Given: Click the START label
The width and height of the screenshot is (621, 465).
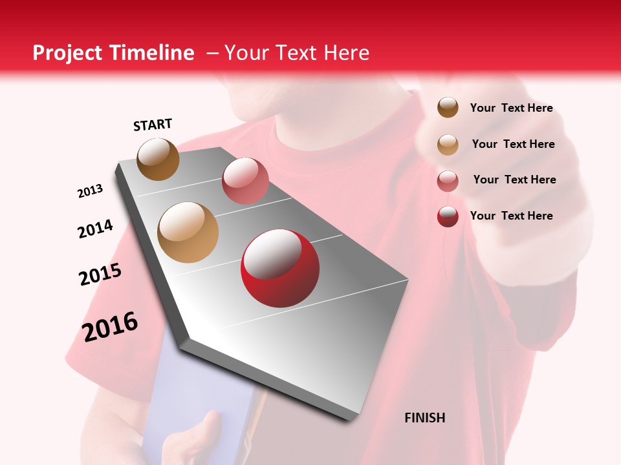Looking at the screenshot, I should [x=153, y=125].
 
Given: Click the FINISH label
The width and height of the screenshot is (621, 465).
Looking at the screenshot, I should [x=424, y=418].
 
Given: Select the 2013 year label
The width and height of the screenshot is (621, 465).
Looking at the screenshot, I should [x=90, y=191].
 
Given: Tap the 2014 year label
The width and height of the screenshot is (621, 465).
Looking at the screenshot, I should [x=95, y=229].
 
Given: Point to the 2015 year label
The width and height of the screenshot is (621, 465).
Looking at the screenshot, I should [x=100, y=275].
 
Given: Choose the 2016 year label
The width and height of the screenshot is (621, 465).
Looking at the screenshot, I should [x=110, y=327].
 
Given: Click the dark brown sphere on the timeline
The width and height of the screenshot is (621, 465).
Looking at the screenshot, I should [x=158, y=159].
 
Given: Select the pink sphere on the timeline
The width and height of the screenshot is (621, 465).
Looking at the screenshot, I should [x=245, y=180].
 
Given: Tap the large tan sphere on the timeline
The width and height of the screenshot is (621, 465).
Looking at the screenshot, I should [x=188, y=232].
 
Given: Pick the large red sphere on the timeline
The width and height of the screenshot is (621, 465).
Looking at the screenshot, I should [x=279, y=268].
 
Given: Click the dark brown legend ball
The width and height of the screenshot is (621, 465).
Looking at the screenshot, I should [x=448, y=107].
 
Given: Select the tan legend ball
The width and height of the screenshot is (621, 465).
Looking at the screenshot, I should [x=448, y=144].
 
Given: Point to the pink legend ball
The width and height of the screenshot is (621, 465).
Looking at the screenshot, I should [x=448, y=180].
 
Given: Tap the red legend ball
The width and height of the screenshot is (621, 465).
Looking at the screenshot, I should [x=448, y=216].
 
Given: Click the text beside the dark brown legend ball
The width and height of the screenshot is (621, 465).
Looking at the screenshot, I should [x=511, y=108].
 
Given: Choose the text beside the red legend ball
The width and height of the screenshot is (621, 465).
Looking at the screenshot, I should [x=511, y=216].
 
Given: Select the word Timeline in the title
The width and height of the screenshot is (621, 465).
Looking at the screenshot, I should [x=153, y=53].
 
